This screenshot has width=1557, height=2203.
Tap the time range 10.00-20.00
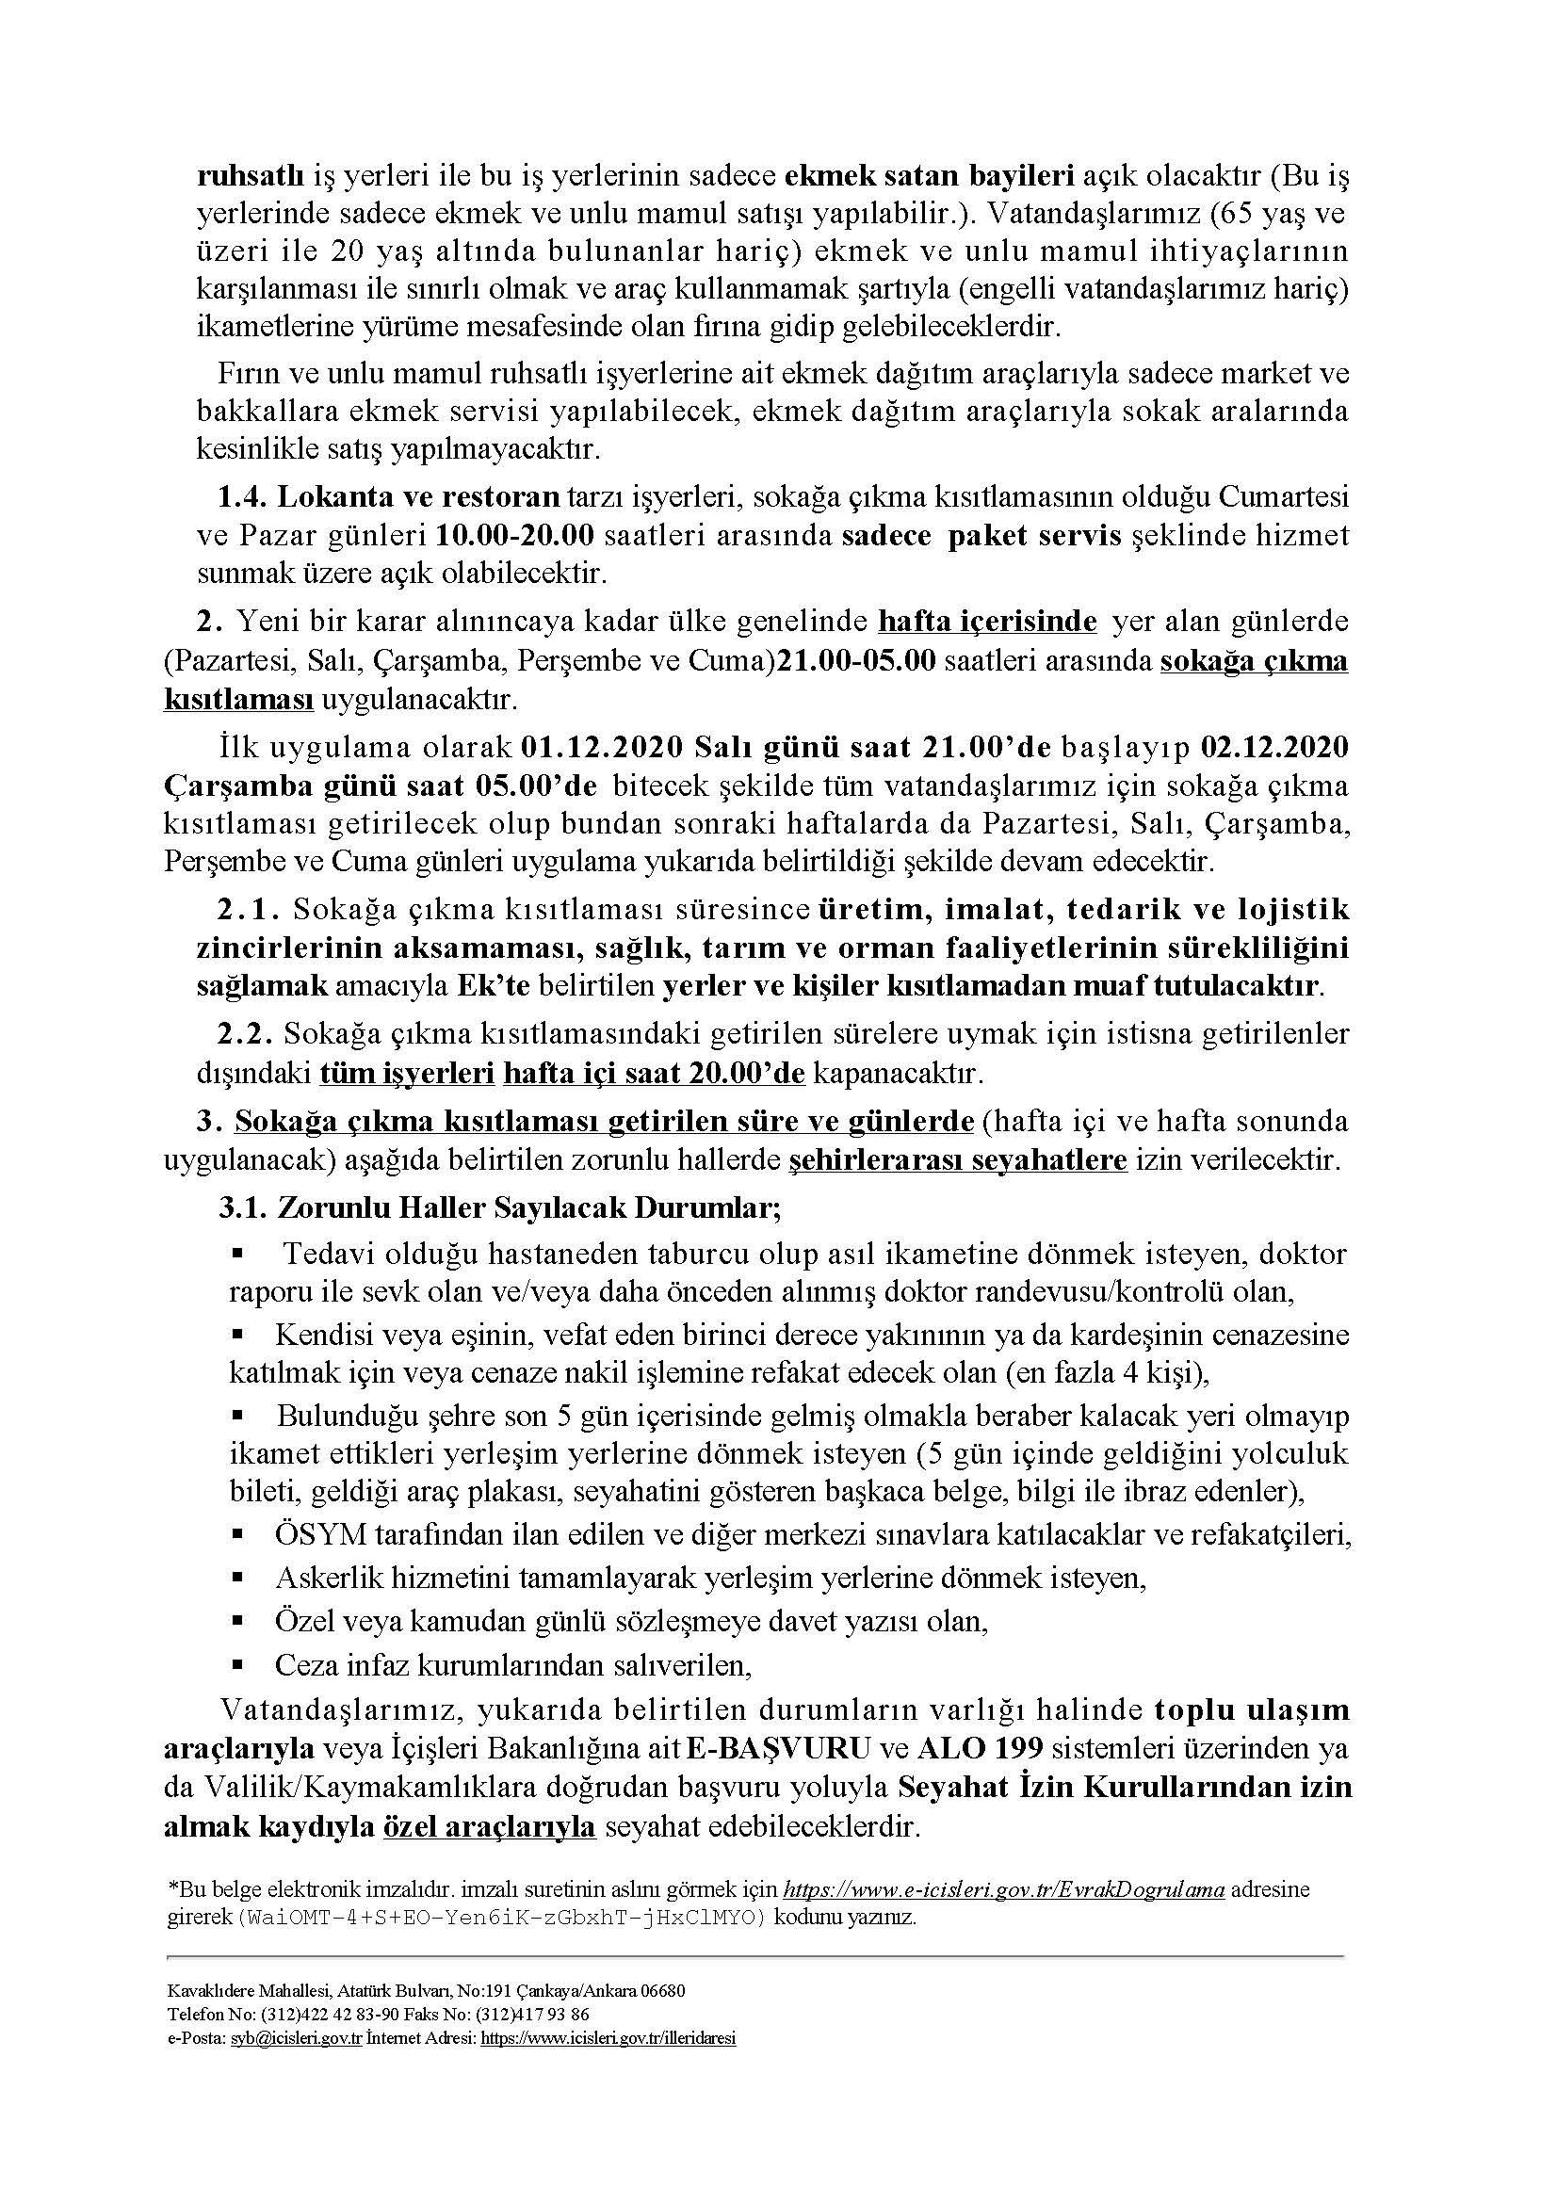click(515, 535)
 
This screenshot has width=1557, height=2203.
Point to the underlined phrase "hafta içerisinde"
click(987, 622)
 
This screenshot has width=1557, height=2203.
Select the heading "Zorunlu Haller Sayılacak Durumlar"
click(527, 1207)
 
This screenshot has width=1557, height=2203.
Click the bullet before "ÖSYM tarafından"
click(238, 1534)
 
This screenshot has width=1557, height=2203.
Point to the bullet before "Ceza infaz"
click(238, 1663)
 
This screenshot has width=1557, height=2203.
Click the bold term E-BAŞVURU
click(778, 1748)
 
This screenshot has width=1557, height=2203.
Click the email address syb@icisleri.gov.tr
click(296, 2038)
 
